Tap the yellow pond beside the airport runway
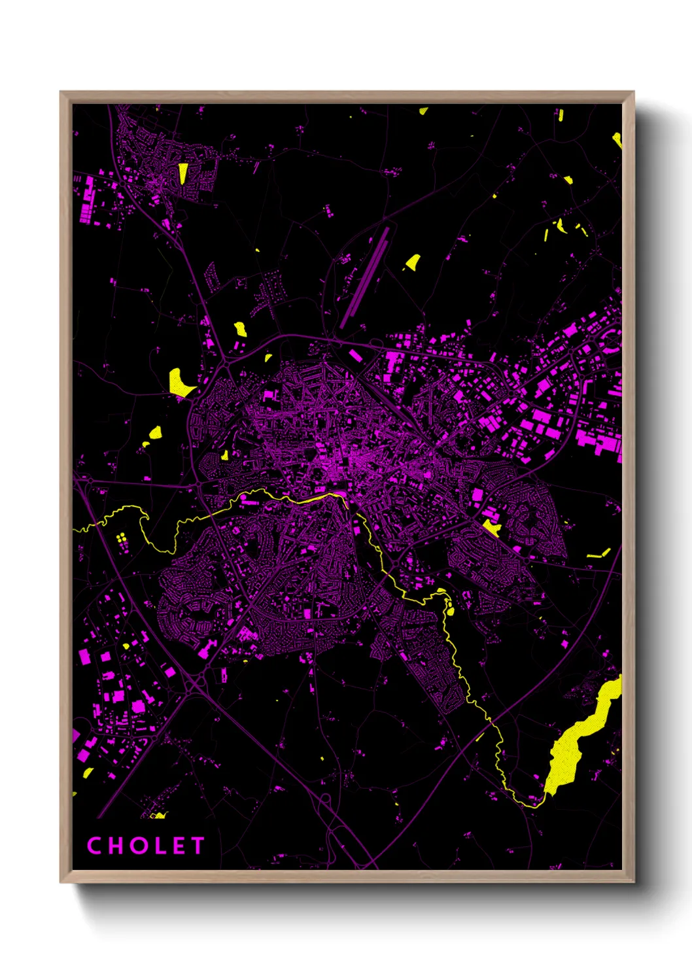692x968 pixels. [x=413, y=263]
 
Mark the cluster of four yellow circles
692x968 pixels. [x=122, y=538]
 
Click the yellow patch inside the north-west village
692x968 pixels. [x=183, y=173]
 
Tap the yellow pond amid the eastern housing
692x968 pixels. [x=491, y=527]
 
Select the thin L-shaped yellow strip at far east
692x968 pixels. [x=599, y=554]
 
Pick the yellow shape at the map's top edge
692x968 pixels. [x=423, y=111]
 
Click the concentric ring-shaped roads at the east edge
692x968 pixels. [x=613, y=340]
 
